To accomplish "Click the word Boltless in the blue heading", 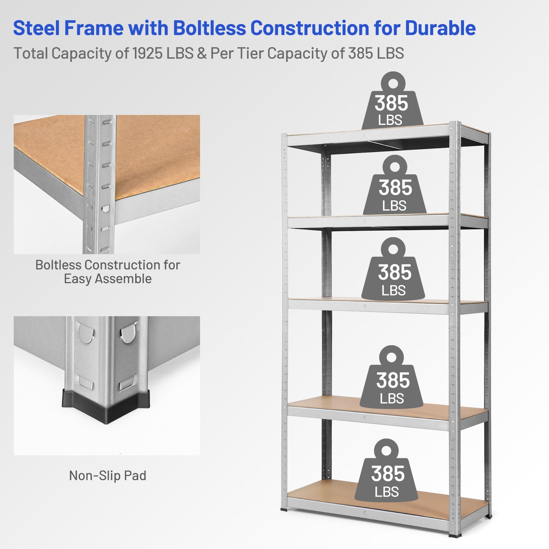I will (x=209, y=28).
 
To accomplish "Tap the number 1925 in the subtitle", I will (x=146, y=54).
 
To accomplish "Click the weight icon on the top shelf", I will (x=393, y=103).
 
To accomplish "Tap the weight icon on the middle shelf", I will (x=394, y=271).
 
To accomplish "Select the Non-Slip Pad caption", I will (x=108, y=476).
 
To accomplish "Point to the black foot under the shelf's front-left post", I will (x=284, y=511).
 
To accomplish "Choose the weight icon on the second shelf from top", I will (x=395, y=187).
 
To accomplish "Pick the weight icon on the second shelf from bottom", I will (x=392, y=379).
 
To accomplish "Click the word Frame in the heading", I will (x=94, y=28).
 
